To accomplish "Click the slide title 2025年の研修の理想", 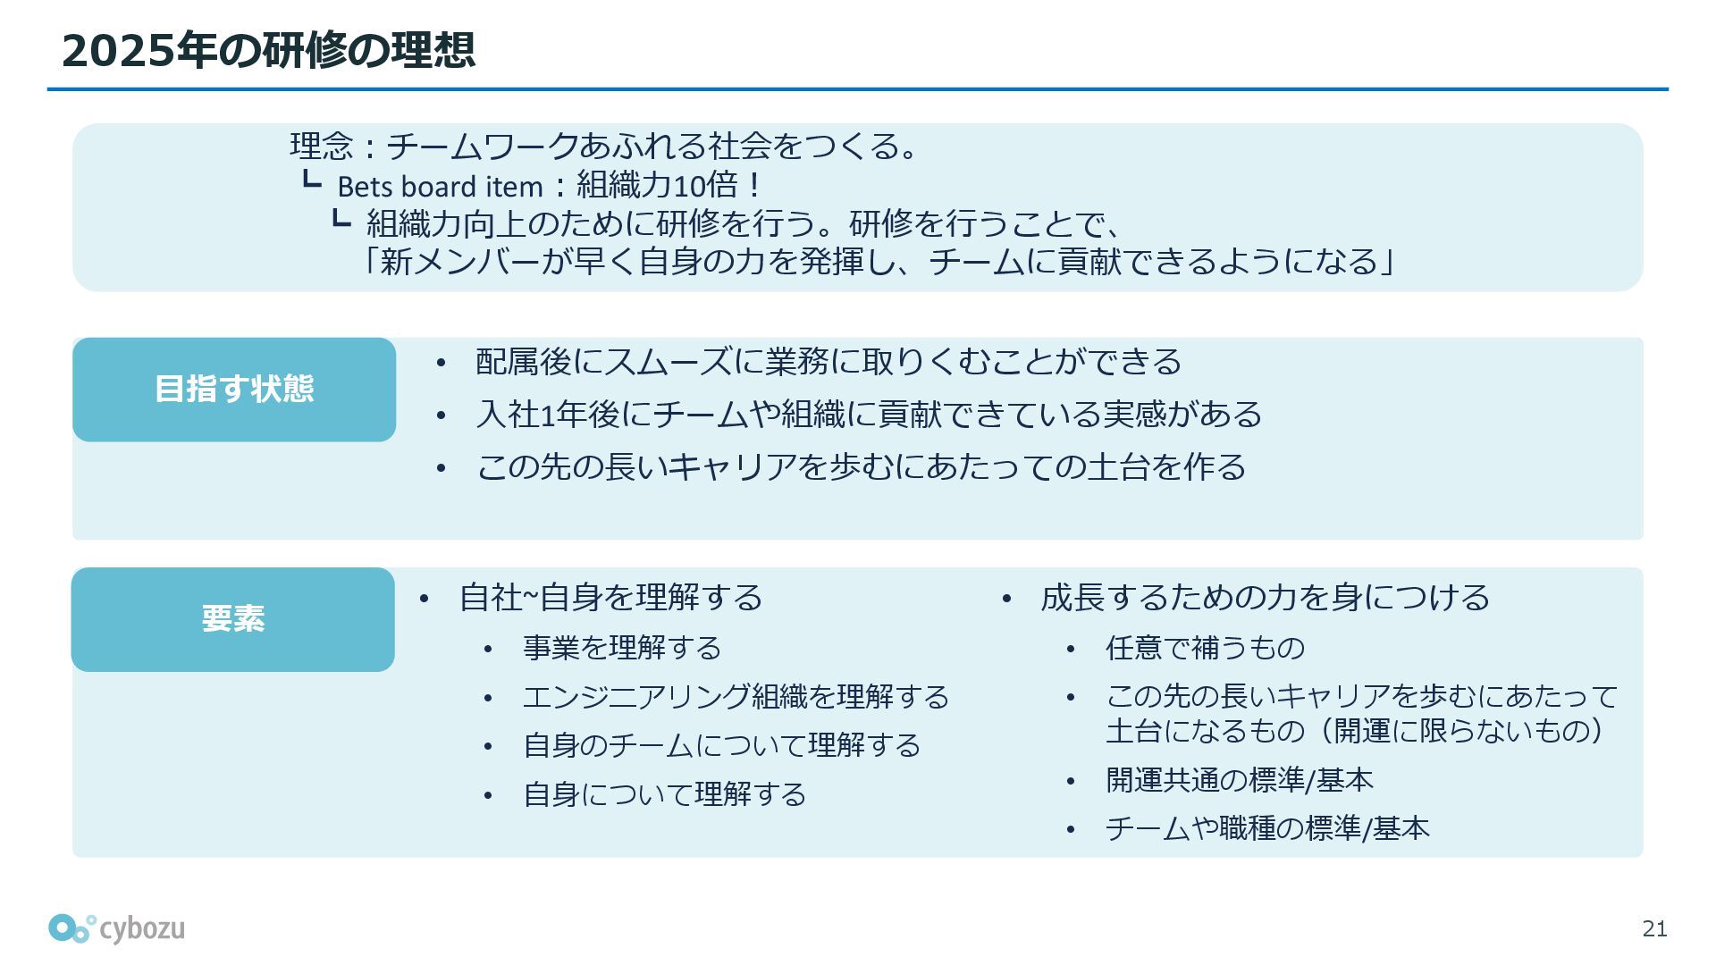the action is (267, 50).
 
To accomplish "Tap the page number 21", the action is (1654, 929).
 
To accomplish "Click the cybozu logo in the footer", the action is (117, 928).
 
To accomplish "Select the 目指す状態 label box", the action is (234, 390).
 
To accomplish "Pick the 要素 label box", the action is (233, 619).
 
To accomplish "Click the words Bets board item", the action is (440, 187).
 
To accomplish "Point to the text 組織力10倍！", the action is (669, 186).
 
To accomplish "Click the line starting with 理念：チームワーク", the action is (604, 146).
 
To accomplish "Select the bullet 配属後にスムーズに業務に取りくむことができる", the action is (828, 362).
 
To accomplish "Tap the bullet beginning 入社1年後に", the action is (869, 415).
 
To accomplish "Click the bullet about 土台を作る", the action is (861, 467).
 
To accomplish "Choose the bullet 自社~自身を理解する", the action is (610, 598).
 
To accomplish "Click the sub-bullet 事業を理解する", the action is (622, 648).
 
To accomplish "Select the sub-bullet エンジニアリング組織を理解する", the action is (736, 697).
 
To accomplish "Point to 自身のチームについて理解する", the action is (721, 745).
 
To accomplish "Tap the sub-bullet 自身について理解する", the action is (664, 794).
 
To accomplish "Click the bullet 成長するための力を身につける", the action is (1265, 598).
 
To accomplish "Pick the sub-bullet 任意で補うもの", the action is (1205, 648).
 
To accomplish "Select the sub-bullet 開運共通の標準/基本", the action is (1239, 780).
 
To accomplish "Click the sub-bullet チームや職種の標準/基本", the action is (1267, 829).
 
